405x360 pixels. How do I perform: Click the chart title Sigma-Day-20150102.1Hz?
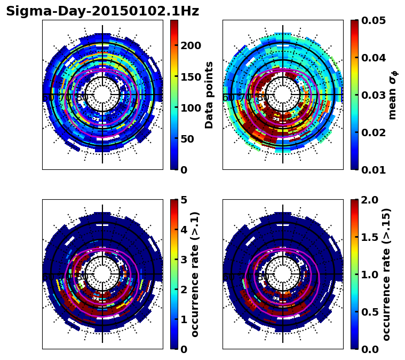click(x=102, y=11)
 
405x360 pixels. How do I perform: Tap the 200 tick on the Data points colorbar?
click(x=190, y=45)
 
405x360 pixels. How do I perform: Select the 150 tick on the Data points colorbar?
click(x=190, y=76)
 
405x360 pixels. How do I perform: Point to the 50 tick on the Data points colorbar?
click(x=190, y=139)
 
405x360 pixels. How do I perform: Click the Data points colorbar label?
click(x=209, y=95)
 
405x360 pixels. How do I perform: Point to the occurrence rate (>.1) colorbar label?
click(x=195, y=274)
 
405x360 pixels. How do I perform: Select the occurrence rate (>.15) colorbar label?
click(x=387, y=274)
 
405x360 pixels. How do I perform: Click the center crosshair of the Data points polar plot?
click(x=102, y=95)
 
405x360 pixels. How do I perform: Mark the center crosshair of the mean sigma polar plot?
click(x=283, y=95)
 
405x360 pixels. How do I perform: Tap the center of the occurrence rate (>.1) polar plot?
click(x=102, y=274)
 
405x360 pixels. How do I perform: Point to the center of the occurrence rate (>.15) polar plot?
click(x=283, y=274)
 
